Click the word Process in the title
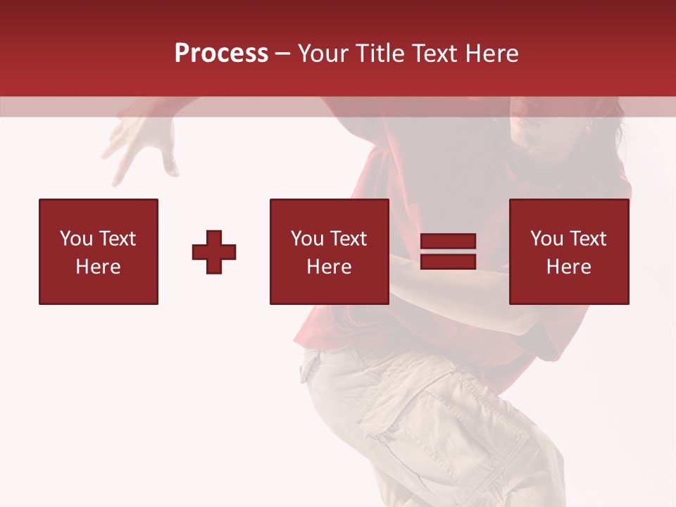221,54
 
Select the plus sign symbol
214,252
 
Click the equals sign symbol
448,252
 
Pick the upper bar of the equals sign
448,242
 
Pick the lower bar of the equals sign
448,262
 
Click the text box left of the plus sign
98,251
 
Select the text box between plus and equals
329,251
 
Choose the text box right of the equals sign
569,251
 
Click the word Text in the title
434,54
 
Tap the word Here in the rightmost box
569,267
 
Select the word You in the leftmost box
75,239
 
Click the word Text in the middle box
349,239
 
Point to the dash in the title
283,54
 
